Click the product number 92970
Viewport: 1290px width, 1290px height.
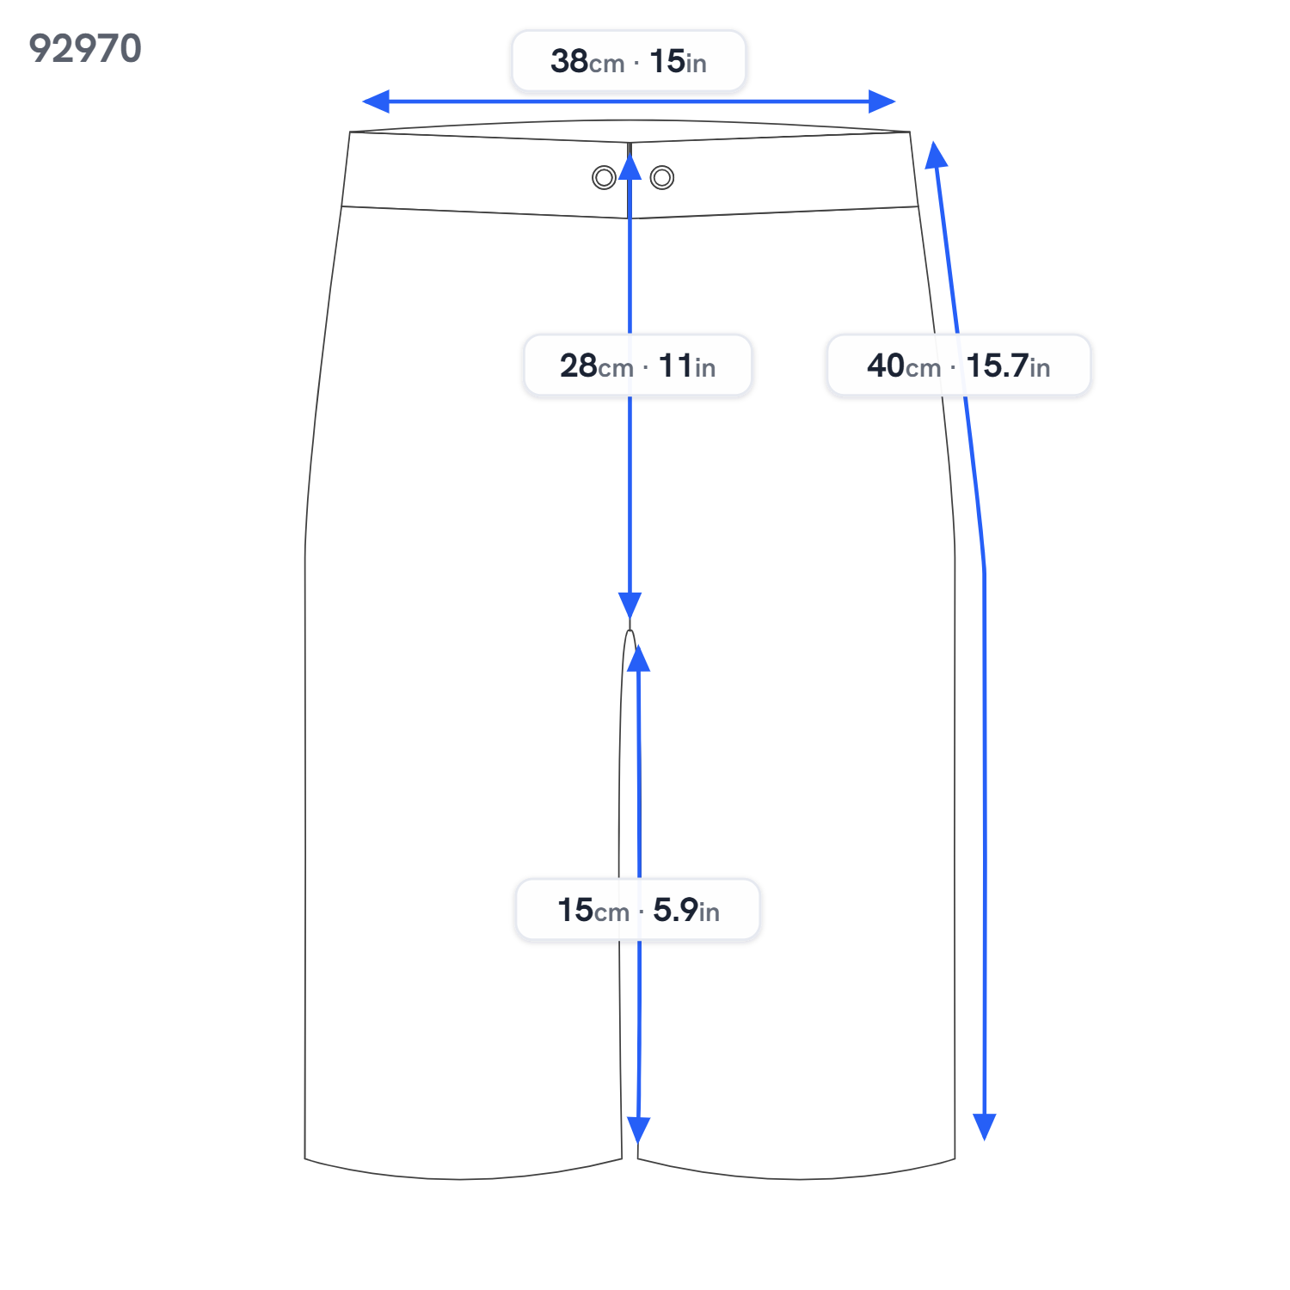click(85, 49)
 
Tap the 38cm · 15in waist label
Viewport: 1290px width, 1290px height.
click(629, 61)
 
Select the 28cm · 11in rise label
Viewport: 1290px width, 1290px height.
click(638, 365)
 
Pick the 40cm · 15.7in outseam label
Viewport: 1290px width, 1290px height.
click(959, 365)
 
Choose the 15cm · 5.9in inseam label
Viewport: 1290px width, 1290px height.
click(638, 909)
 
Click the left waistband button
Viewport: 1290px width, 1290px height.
click(604, 178)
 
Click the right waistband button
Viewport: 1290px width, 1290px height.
click(662, 178)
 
